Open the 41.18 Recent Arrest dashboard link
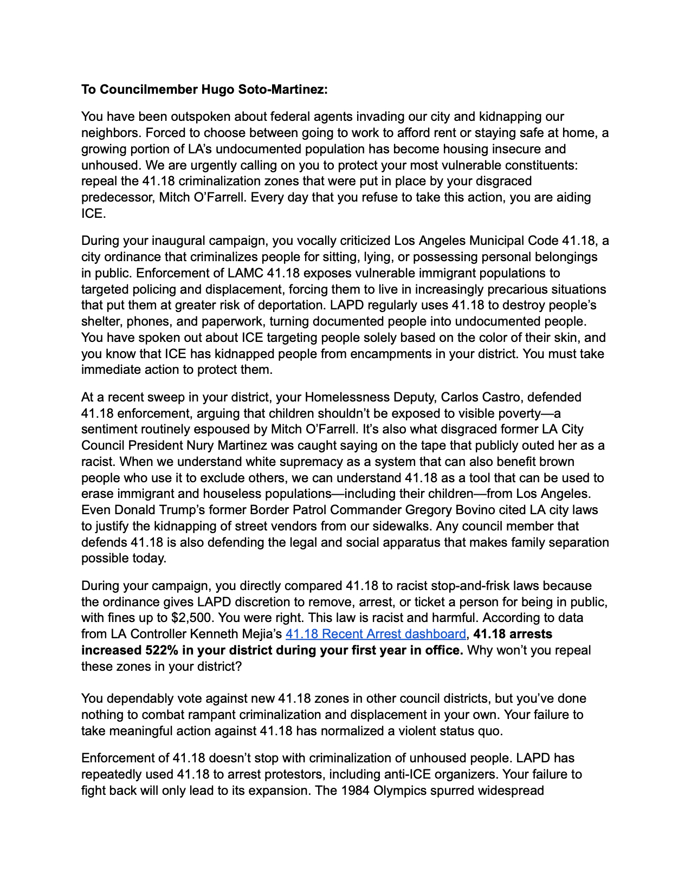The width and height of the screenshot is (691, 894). (x=376, y=634)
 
